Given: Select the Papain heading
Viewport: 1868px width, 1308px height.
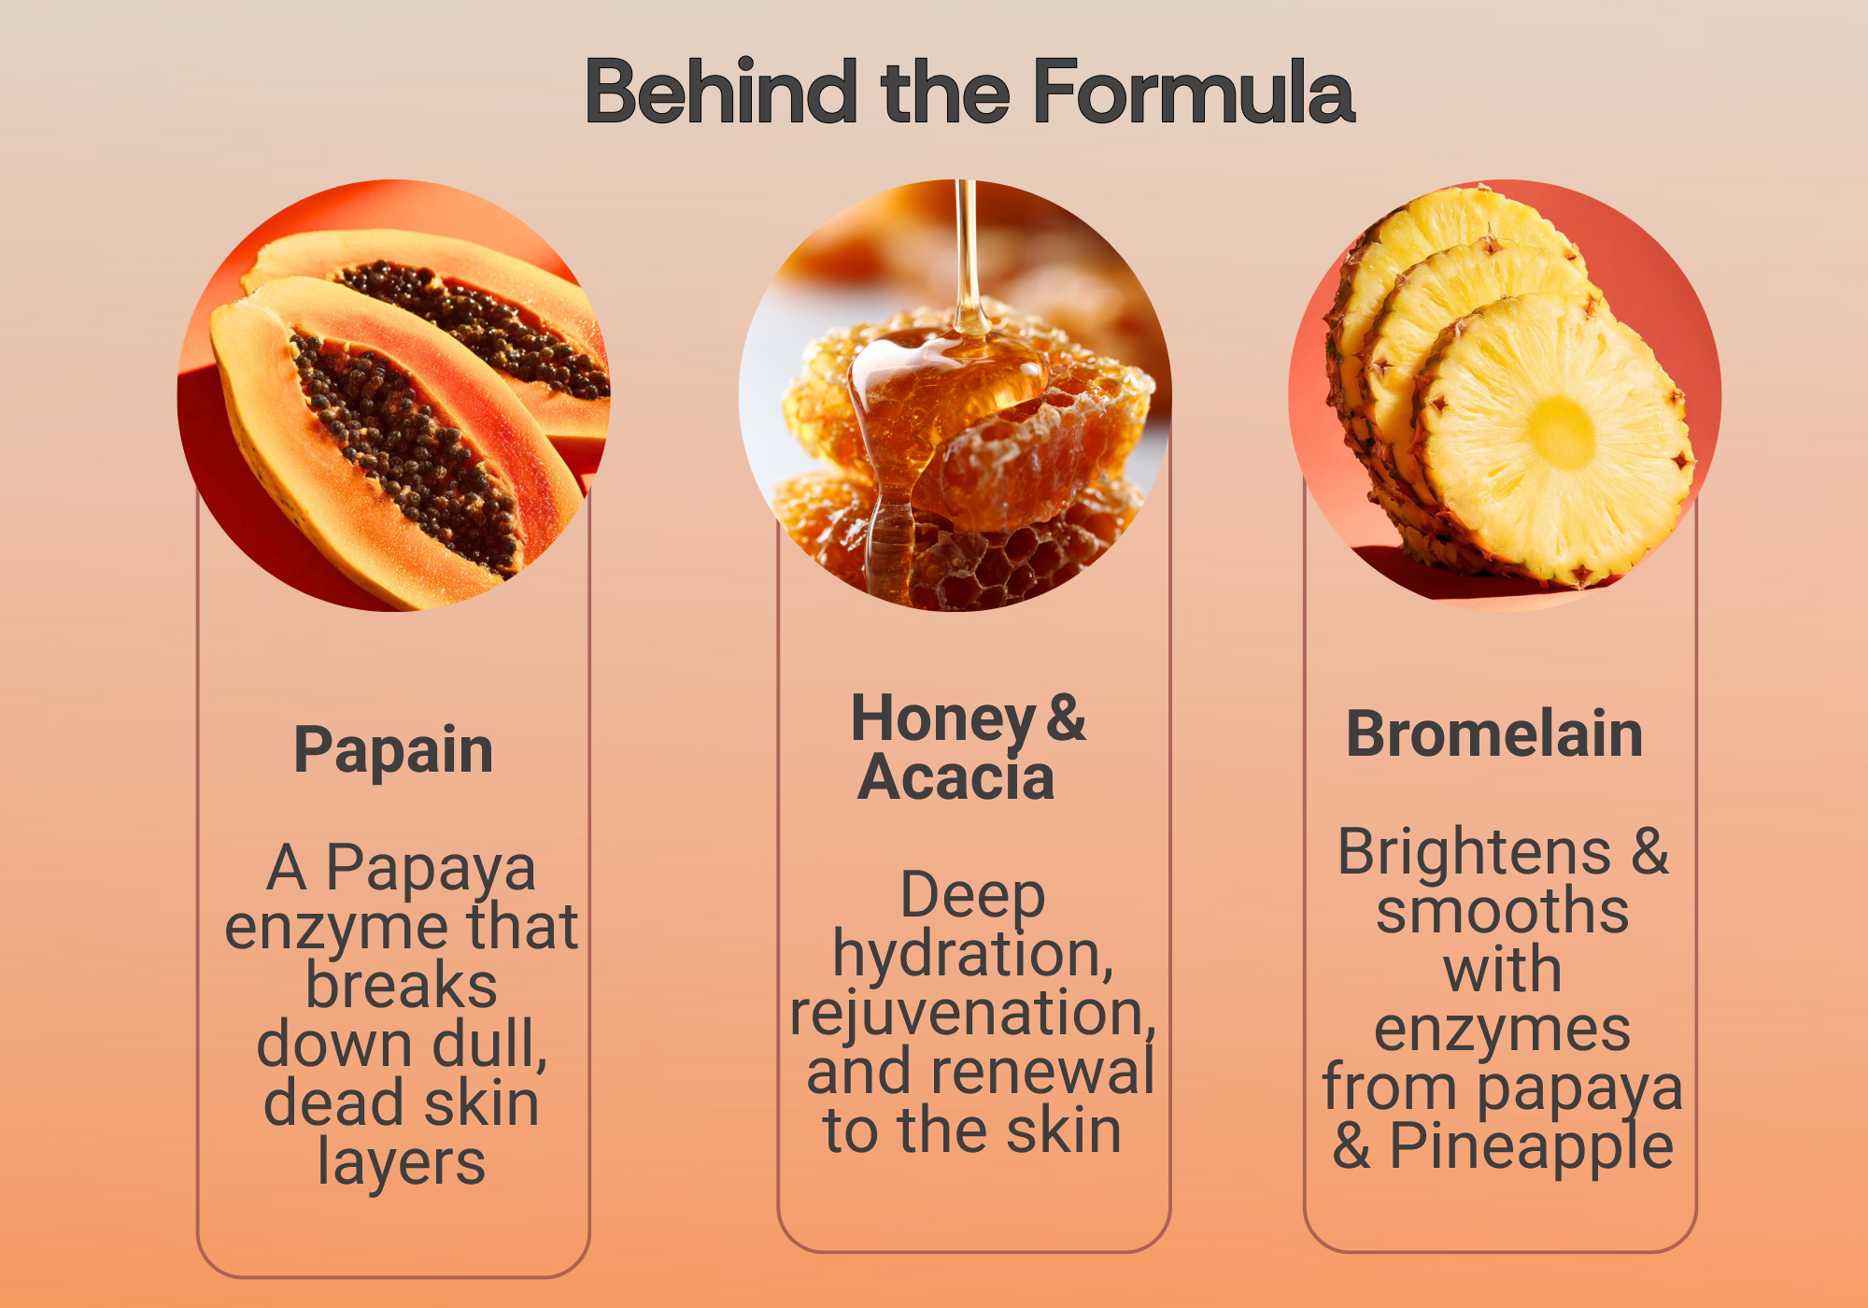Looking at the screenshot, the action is pyautogui.click(x=393, y=750).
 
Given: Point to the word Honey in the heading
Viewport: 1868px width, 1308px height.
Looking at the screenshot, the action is pyautogui.click(x=943, y=720).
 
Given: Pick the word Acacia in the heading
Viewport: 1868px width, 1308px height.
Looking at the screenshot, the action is pyautogui.click(x=956, y=777).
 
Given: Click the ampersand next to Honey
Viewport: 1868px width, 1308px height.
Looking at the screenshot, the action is pyautogui.click(x=1067, y=718).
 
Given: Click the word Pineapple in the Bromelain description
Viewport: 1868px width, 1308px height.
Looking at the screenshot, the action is pyautogui.click(x=1532, y=1147).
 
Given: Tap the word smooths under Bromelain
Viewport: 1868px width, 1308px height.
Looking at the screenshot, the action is pyautogui.click(x=1503, y=911).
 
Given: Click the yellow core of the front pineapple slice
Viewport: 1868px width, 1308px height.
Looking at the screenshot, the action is pyautogui.click(x=1561, y=433).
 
